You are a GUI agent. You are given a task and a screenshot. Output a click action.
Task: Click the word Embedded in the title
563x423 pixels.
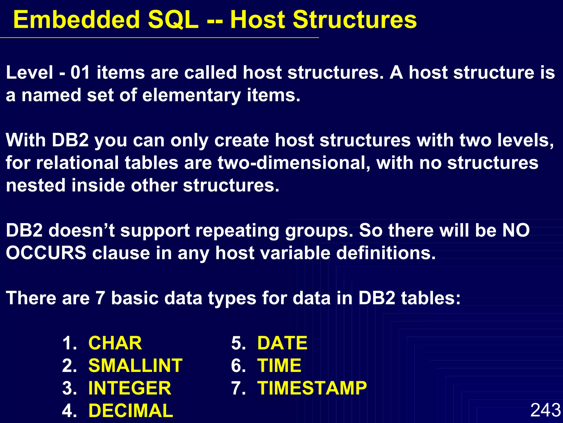point(76,20)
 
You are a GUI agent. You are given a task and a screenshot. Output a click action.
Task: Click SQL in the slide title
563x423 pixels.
point(173,20)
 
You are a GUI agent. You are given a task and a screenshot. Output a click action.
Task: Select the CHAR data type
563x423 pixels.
point(115,343)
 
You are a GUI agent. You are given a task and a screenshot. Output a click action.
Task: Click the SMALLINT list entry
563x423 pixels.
point(135,366)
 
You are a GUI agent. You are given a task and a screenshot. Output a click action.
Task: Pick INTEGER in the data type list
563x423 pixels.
point(130,388)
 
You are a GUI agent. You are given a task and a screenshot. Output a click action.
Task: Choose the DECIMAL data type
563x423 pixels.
point(131,411)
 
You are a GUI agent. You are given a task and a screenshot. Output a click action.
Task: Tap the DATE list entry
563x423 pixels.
point(282,343)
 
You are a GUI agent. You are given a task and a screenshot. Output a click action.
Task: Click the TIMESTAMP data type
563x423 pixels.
point(312,388)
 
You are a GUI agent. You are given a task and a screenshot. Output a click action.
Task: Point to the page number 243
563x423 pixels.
point(545,410)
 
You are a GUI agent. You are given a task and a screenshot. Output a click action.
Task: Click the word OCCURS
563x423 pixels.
point(46,253)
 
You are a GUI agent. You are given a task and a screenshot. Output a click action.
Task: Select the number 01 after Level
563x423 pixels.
point(80,73)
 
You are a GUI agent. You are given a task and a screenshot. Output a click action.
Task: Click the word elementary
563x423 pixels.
point(191,96)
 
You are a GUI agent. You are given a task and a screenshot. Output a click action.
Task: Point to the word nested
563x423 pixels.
point(36,185)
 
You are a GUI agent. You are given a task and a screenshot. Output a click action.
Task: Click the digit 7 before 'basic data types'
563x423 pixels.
point(100,298)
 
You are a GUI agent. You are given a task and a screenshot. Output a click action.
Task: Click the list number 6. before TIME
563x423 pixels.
point(238,366)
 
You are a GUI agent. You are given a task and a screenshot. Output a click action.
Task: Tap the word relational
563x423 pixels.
point(80,163)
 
